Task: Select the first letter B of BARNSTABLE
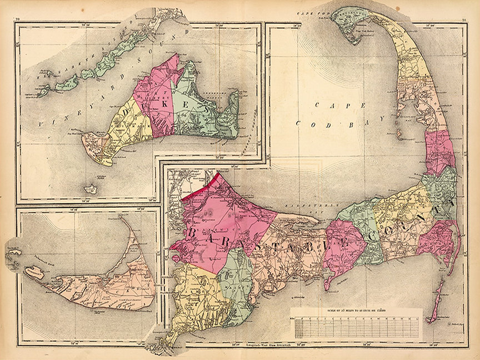(193, 232)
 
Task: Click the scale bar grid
(356, 327)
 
